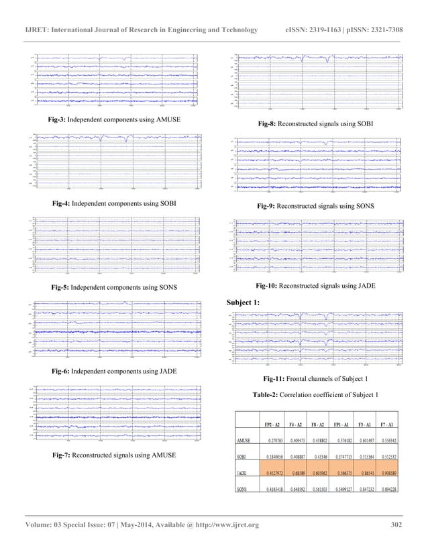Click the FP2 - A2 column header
[x=272, y=425]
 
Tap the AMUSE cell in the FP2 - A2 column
[x=271, y=441]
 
